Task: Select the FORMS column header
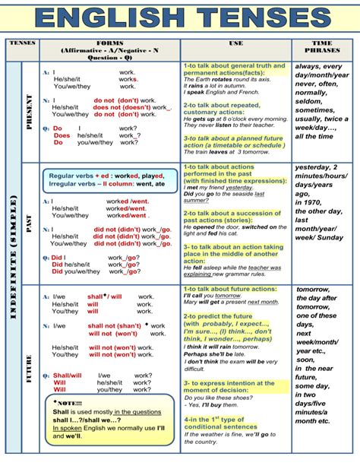(106, 43)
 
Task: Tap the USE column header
(235, 43)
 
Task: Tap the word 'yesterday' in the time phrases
(316, 169)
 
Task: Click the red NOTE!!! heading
(69, 403)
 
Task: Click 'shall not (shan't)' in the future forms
(115, 325)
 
